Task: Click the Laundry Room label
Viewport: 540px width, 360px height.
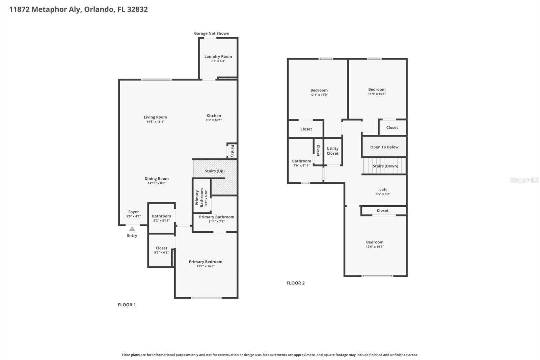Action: tap(218, 56)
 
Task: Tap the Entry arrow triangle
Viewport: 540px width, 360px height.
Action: tap(132, 229)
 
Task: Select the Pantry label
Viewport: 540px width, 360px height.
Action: tap(232, 151)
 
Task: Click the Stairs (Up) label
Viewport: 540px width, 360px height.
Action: tap(215, 171)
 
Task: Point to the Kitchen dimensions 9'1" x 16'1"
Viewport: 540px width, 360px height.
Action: tap(214, 120)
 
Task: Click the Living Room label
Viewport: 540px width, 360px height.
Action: tap(155, 117)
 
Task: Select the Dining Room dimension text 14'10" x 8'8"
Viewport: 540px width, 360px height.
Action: tap(157, 183)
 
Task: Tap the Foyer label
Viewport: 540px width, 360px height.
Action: tap(133, 212)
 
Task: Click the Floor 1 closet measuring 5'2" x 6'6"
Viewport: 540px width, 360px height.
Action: tap(161, 250)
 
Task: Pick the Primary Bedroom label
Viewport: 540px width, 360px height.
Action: tap(206, 262)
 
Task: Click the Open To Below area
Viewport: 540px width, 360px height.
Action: tap(384, 147)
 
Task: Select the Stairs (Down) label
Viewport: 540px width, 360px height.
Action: tap(385, 166)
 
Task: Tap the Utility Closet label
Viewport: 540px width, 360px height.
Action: tap(332, 151)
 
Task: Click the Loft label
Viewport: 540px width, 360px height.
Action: tap(383, 189)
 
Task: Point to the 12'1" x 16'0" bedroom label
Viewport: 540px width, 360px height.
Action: tap(319, 90)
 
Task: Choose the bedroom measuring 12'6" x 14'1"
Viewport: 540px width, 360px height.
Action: tap(375, 244)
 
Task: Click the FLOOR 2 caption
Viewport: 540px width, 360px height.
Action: tap(295, 283)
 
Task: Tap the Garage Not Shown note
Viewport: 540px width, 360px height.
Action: tap(211, 33)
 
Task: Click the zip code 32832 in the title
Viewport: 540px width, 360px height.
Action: tap(137, 9)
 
